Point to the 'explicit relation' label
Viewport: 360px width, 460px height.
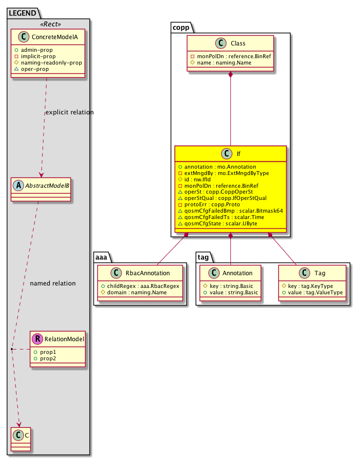click(x=69, y=112)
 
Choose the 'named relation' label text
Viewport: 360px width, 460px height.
click(x=53, y=283)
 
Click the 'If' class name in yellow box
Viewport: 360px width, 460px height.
click(x=238, y=154)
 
